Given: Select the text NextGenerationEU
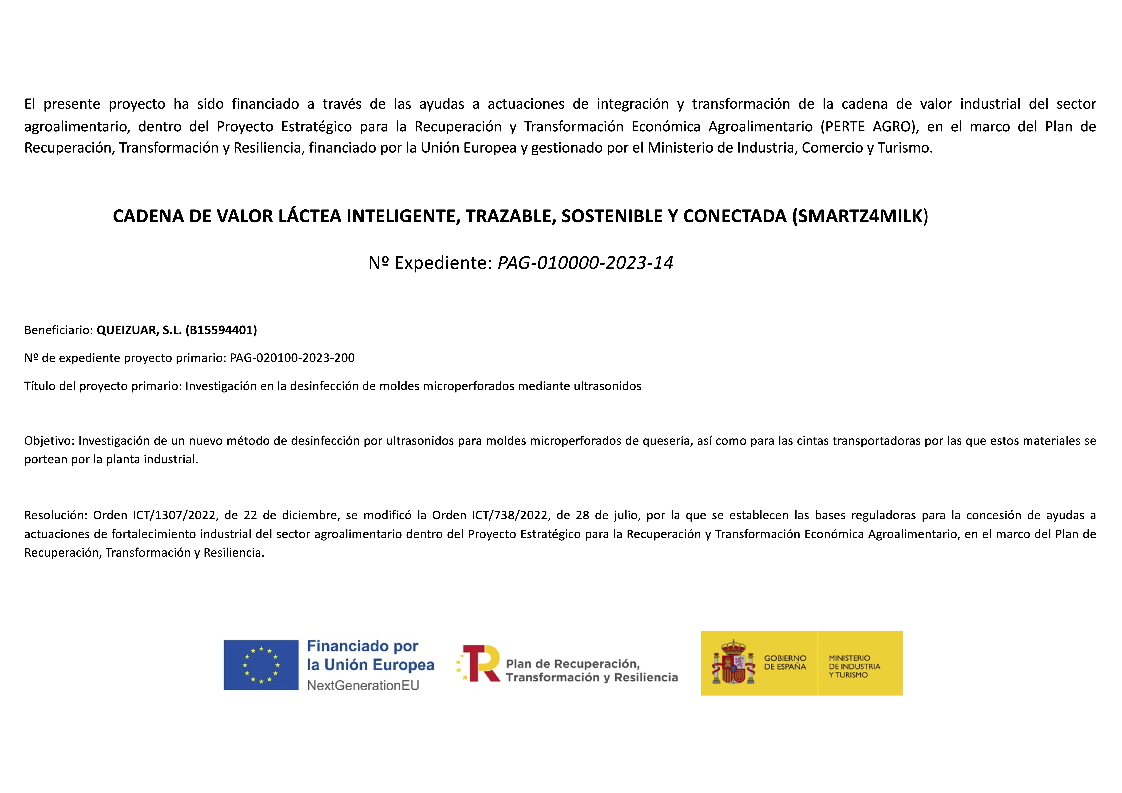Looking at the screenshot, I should pyautogui.click(x=363, y=686).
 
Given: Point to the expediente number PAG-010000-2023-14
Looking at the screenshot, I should pyautogui.click(x=585, y=263).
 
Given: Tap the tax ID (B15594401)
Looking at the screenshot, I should pyautogui.click(x=221, y=330).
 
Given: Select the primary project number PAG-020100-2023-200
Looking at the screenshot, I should pyautogui.click(x=292, y=358).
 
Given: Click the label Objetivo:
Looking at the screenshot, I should pyautogui.click(x=49, y=441).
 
